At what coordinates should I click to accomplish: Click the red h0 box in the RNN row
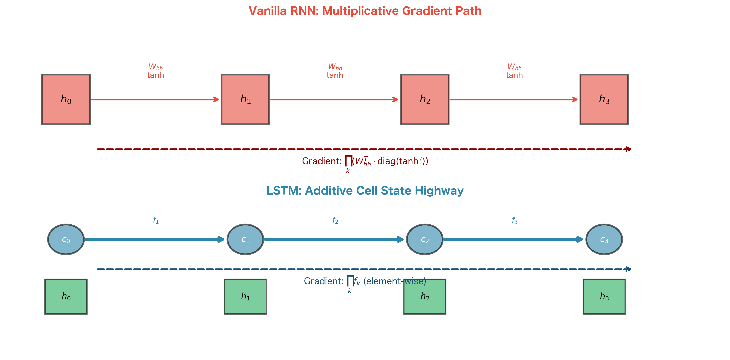click(66, 99)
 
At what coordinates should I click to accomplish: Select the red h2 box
click(425, 99)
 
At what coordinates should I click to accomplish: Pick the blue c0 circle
click(66, 239)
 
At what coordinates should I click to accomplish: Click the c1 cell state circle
click(245, 239)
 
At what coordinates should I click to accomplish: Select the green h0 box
click(66, 297)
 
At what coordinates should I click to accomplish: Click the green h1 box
click(245, 297)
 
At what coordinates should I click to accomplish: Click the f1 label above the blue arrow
click(156, 220)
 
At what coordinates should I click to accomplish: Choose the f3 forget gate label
click(514, 220)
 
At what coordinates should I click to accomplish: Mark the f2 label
click(335, 220)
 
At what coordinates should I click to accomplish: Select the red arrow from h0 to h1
click(154, 99)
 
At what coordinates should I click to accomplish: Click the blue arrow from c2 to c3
click(513, 239)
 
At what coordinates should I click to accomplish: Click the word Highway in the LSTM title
click(439, 191)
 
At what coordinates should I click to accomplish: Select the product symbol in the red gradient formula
click(348, 161)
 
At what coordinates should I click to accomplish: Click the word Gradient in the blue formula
click(323, 281)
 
